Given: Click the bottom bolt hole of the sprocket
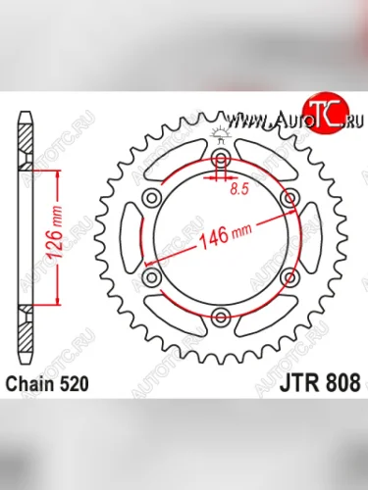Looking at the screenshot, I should point(220,316).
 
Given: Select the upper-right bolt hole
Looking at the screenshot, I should point(289,200).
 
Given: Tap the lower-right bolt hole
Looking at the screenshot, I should point(289,277).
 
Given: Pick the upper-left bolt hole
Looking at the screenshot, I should point(152,200).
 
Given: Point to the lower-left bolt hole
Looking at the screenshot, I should point(152,277).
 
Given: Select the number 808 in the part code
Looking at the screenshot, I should point(337,382).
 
